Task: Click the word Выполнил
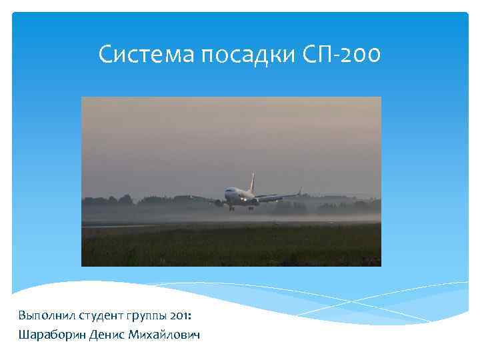tap(46, 313)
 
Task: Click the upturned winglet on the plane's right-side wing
tap(300, 191)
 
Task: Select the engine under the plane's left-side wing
tap(219, 202)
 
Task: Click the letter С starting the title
tap(105, 55)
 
